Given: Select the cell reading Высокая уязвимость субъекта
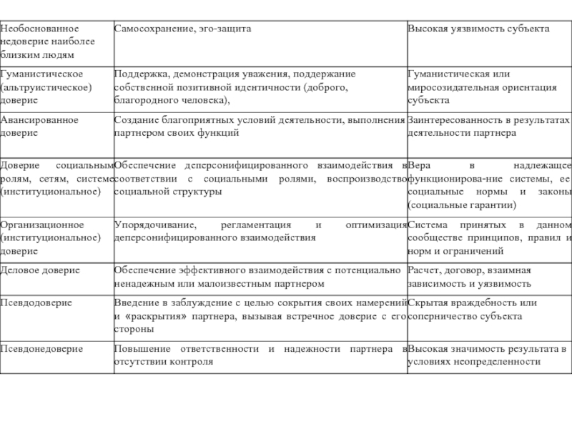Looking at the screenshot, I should point(478,29).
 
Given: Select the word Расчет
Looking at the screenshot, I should point(425,270).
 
